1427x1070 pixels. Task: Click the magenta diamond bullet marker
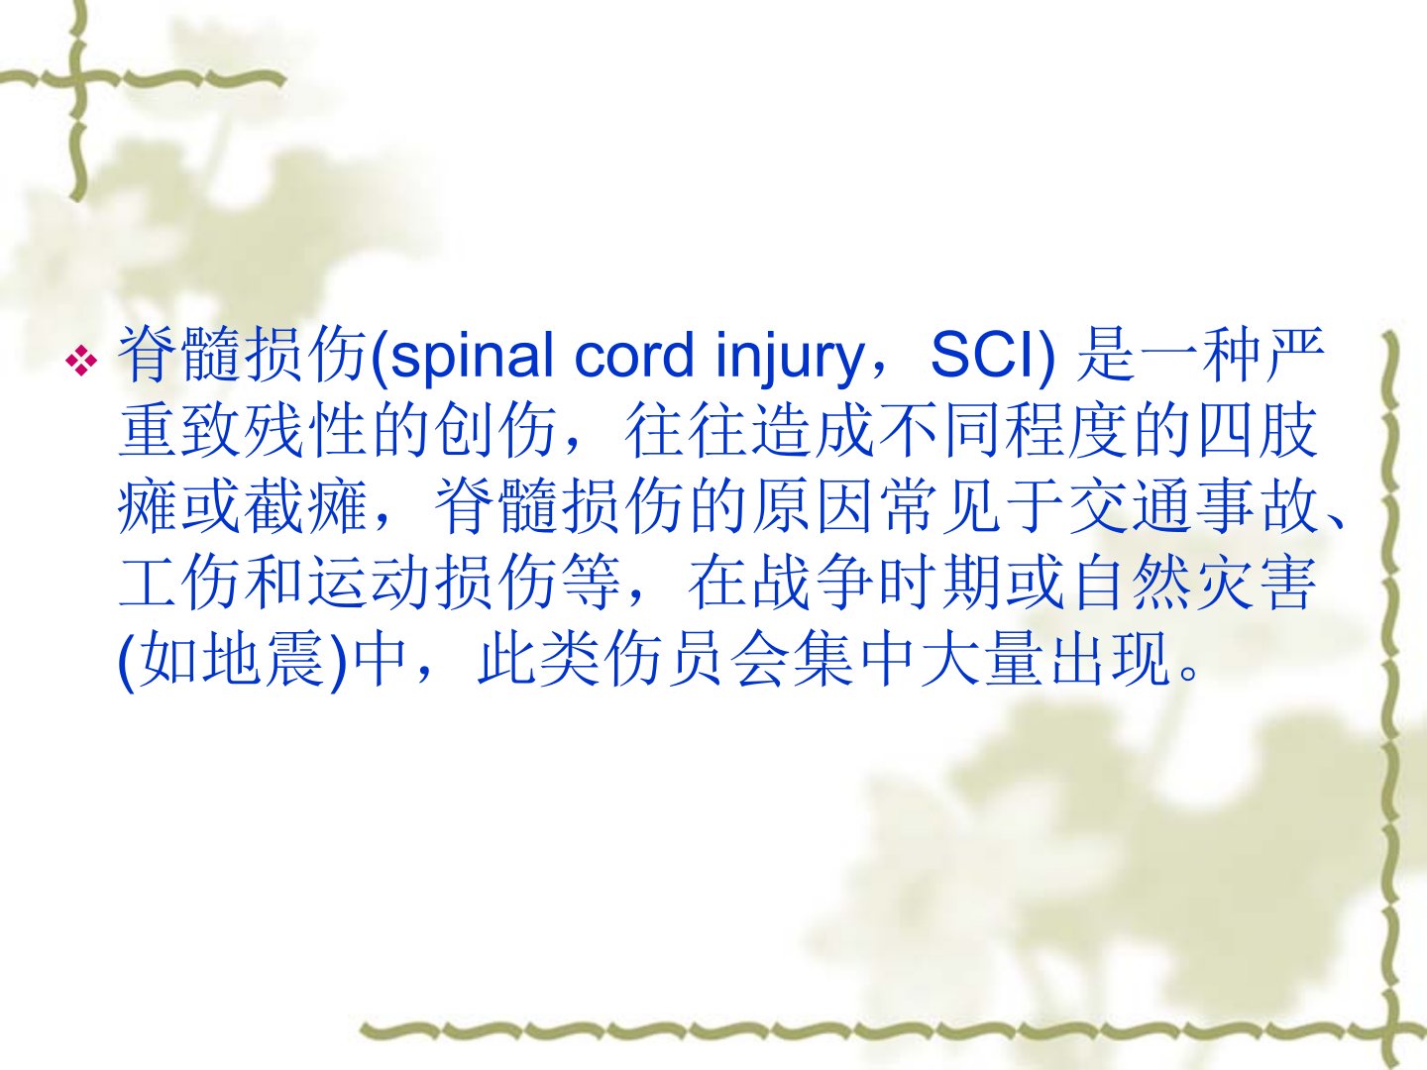[x=81, y=360]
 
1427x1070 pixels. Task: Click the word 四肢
[x=1258, y=431]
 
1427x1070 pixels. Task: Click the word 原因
[x=812, y=507]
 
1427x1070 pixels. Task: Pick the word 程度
[x=1066, y=431]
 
